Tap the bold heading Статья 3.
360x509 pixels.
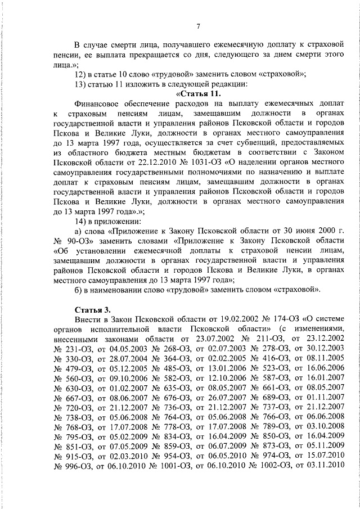93,309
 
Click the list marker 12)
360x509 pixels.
82,74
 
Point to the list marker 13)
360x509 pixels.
82,83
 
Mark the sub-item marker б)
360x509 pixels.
79,290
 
